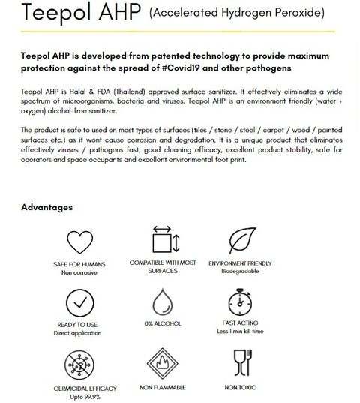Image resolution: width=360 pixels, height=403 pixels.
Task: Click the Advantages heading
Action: click(x=46, y=206)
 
